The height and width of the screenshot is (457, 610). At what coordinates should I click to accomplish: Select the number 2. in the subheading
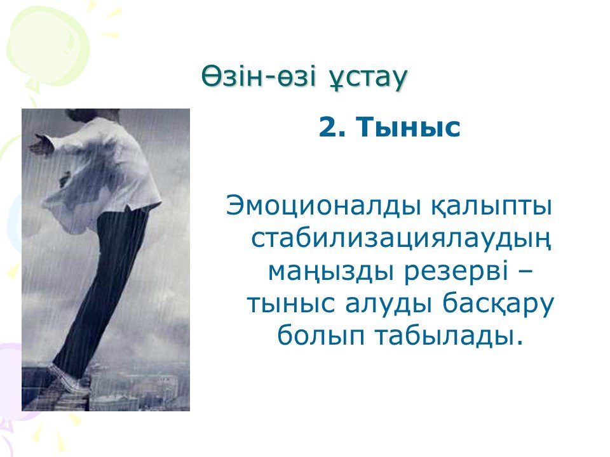[x=332, y=127]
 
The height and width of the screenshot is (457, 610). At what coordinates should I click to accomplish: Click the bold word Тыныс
[x=408, y=127]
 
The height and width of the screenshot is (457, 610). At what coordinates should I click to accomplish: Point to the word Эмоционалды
[x=323, y=206]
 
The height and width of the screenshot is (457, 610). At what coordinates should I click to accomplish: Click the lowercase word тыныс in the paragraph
[x=290, y=303]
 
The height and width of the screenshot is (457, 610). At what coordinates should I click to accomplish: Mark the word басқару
[x=498, y=304]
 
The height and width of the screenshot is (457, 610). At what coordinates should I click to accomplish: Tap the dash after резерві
[x=525, y=273]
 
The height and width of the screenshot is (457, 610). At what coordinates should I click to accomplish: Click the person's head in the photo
[x=93, y=115]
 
